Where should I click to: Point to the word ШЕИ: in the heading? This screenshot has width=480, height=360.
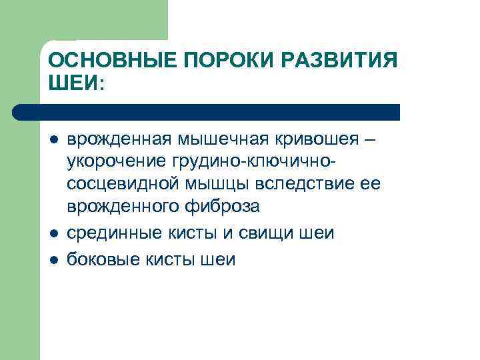point(77,85)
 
